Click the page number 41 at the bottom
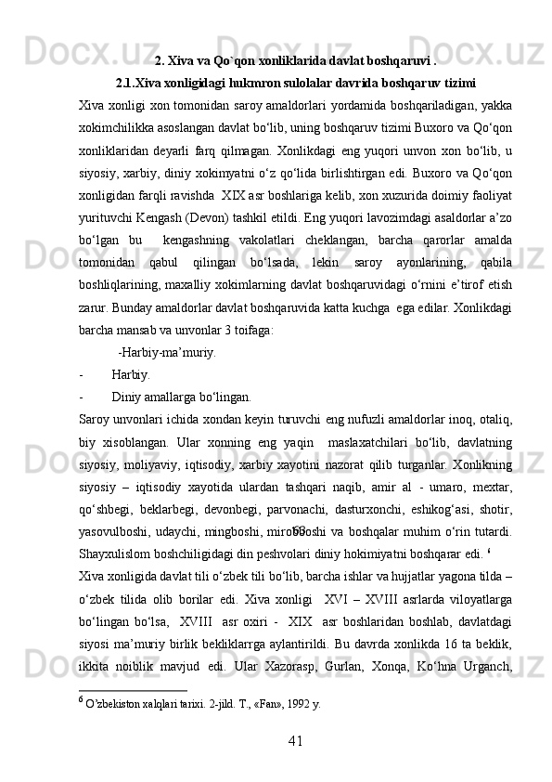point(276,739)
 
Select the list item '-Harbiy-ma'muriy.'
point(167,352)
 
